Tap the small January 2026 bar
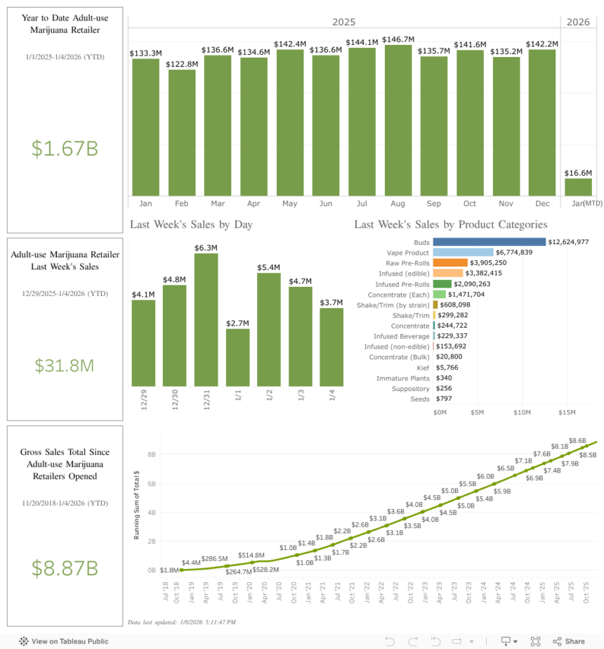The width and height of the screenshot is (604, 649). coord(579,187)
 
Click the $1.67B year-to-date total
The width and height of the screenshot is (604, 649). coord(65,148)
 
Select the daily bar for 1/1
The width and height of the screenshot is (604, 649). coord(237,357)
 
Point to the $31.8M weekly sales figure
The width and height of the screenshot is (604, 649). coord(65,366)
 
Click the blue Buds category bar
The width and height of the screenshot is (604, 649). coord(489,242)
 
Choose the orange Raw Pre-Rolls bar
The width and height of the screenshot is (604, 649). coord(450,262)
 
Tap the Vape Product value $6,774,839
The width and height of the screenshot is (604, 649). coord(519,252)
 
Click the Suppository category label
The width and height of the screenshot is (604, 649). coord(412,389)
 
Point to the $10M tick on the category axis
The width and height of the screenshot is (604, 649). coord(522,412)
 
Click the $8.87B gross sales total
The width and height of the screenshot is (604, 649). coord(65,568)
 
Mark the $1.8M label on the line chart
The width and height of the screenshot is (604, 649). coord(169,570)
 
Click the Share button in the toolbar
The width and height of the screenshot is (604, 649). coord(569,641)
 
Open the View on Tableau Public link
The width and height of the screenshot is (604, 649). coord(64,641)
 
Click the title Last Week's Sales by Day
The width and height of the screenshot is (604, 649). coord(191,225)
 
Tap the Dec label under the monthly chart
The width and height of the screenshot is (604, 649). coord(542,204)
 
